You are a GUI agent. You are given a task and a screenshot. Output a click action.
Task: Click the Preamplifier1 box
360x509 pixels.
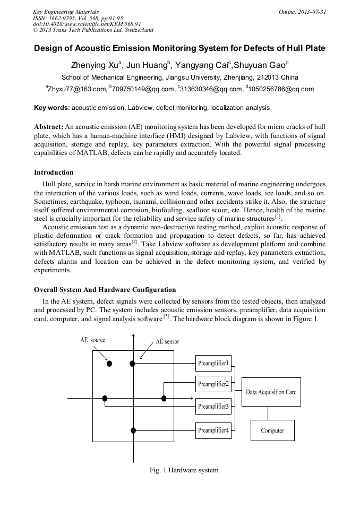[x=213, y=363]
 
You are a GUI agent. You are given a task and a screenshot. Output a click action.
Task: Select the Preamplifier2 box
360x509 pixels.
[x=213, y=384]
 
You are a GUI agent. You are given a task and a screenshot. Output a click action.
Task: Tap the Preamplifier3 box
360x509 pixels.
[x=213, y=407]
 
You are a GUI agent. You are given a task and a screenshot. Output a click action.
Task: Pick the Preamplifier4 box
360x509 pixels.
[x=213, y=430]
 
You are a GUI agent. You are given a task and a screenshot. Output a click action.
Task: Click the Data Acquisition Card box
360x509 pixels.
[x=271, y=392]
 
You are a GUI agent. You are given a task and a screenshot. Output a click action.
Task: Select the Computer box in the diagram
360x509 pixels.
[x=272, y=430]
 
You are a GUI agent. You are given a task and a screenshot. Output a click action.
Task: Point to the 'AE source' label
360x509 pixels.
[x=93, y=340]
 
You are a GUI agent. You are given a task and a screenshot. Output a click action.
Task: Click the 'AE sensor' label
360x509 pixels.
[x=167, y=342]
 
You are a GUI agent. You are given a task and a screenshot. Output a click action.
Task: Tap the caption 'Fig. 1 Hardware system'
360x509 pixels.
[x=184, y=470]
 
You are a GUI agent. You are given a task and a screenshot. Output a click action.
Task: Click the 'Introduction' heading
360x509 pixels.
[x=54, y=172]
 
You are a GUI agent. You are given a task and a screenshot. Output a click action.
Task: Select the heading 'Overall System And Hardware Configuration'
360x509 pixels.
[x=105, y=290]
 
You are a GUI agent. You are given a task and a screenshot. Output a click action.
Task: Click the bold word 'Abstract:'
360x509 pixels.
[x=49, y=127]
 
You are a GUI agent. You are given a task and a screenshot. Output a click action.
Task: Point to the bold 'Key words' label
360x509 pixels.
[x=50, y=108]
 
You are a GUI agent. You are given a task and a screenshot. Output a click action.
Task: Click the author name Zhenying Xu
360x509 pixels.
[x=95, y=66]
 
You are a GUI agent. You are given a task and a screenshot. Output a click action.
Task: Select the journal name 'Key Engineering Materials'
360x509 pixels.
[x=65, y=12]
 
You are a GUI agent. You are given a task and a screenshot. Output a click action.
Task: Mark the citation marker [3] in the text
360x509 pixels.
[x=166, y=317]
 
